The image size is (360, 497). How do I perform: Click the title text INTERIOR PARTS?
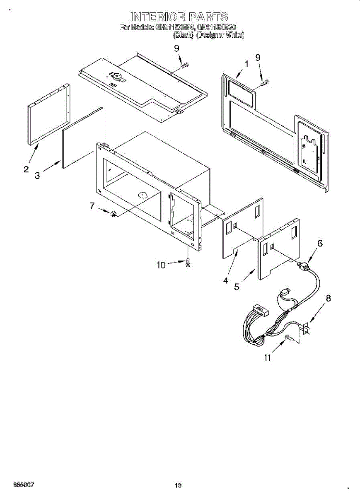pyautogui.click(x=179, y=17)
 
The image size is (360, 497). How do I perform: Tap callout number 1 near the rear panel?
pyautogui.click(x=246, y=64)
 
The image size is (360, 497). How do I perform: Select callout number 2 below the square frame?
pyautogui.click(x=26, y=169)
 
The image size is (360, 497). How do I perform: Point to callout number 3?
pyautogui.click(x=37, y=176)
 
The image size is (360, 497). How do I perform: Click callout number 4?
pyautogui.click(x=226, y=280)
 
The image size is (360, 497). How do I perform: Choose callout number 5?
pyautogui.click(x=237, y=287)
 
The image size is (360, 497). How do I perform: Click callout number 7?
pyautogui.click(x=92, y=205)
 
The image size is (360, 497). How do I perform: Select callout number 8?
pyautogui.click(x=329, y=298)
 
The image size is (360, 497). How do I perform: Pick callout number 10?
pyautogui.click(x=161, y=265)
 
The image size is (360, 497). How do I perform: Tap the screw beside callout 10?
pyautogui.click(x=188, y=262)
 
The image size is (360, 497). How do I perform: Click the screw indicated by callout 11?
pyautogui.click(x=289, y=338)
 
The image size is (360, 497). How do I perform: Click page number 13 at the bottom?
pyautogui.click(x=178, y=485)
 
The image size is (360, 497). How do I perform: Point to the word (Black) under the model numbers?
pyautogui.click(x=183, y=35)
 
